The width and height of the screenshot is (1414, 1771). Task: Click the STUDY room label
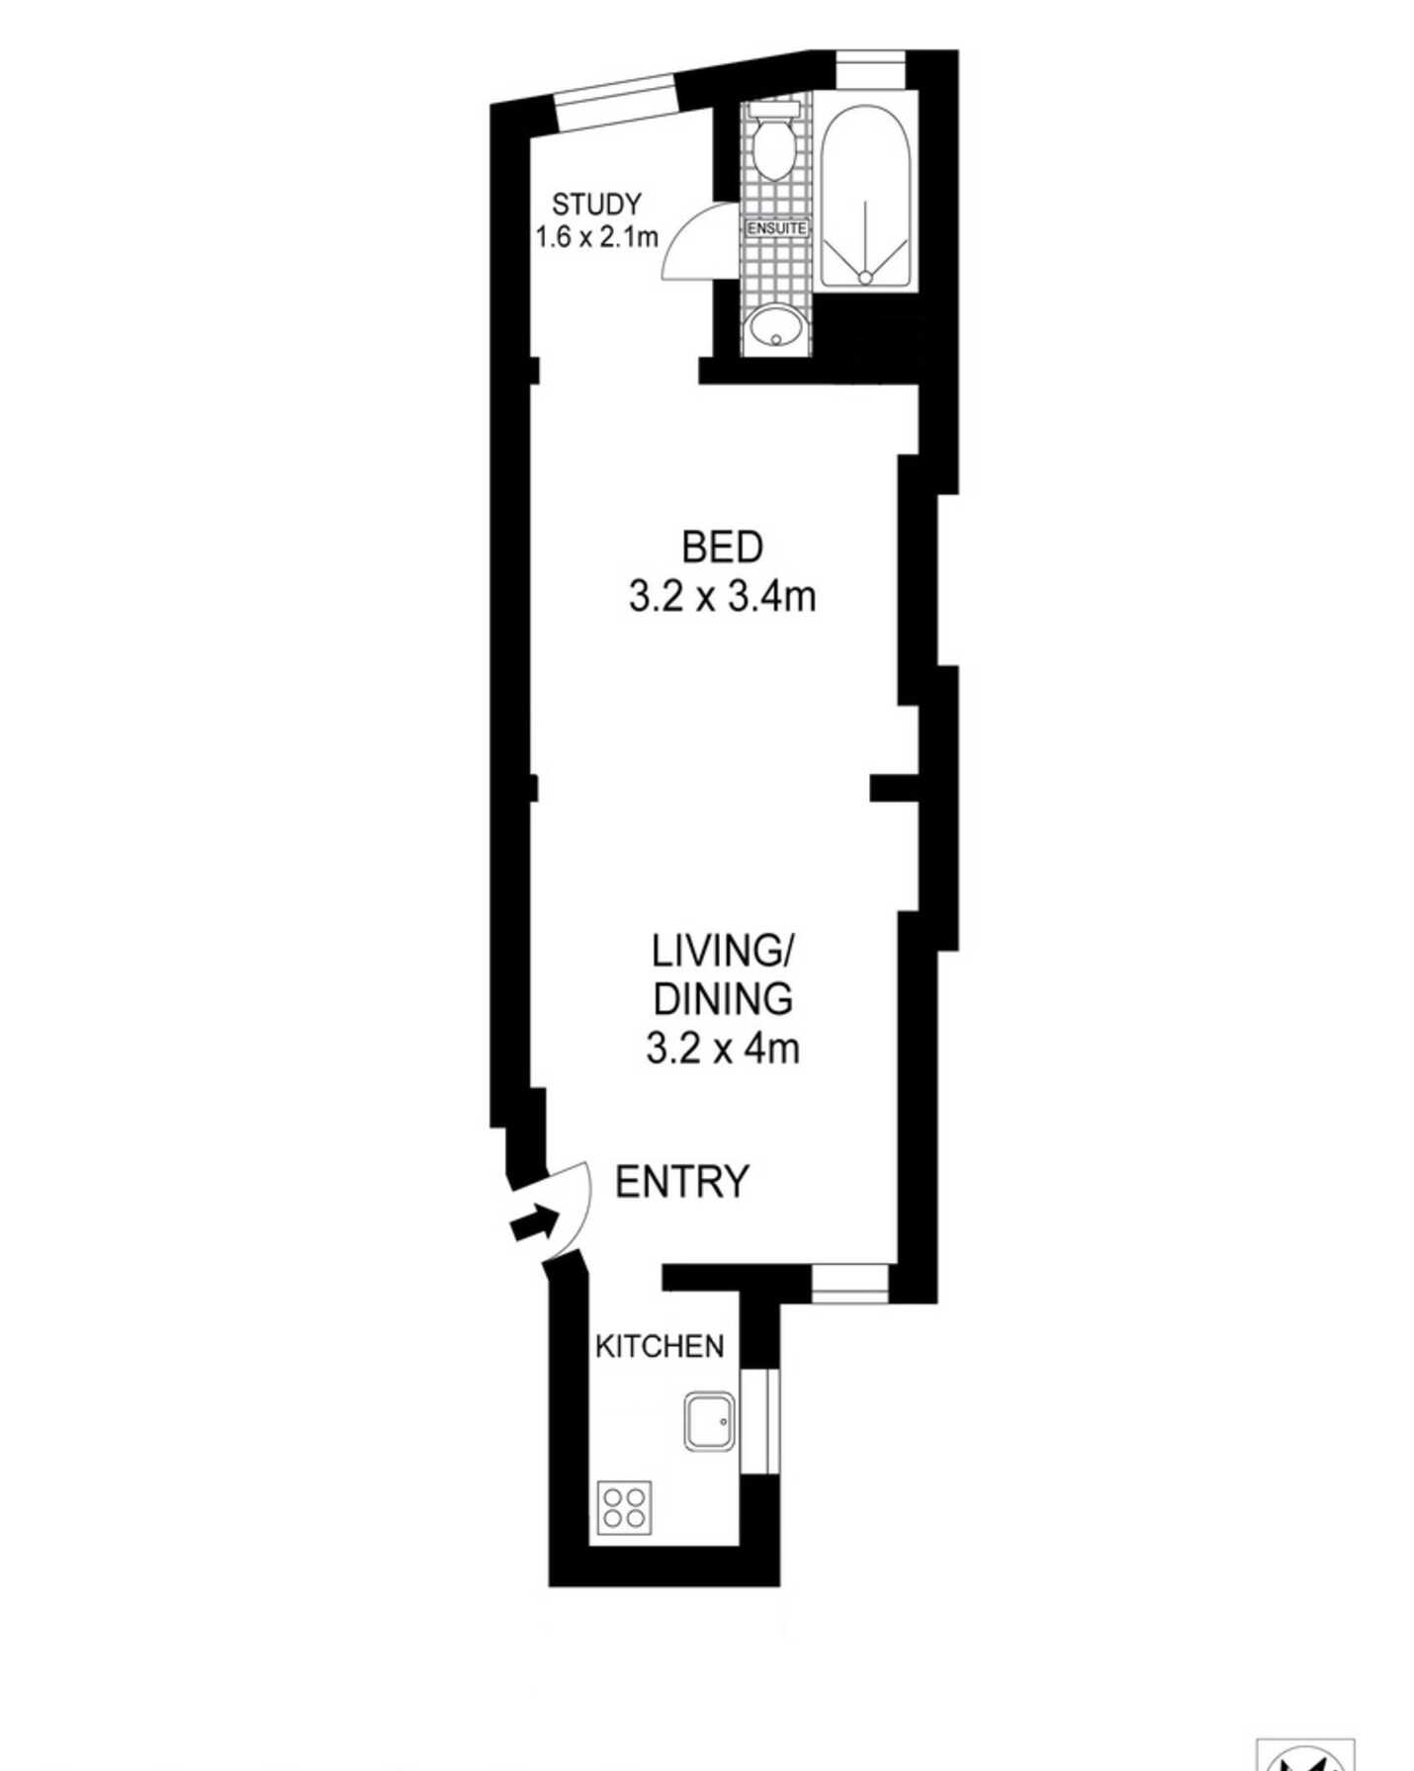pos(596,205)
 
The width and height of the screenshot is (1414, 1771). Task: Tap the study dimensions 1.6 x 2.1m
pos(596,237)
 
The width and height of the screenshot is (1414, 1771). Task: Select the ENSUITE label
pos(777,228)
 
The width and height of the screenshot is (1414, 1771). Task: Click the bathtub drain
pos(865,278)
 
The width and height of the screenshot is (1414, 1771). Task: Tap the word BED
pos(723,548)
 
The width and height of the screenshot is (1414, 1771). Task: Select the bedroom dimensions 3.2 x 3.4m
pos(723,597)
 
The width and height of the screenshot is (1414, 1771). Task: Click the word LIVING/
pos(723,951)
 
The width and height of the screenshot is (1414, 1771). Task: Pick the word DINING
pos(723,999)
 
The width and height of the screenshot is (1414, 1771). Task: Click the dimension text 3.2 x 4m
pos(723,1048)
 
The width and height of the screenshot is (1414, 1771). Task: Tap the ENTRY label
pos(682,1182)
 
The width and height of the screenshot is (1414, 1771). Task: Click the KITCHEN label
pos(660,1346)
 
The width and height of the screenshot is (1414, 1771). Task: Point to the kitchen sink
pos(709,1422)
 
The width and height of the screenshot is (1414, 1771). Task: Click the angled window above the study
pos(615,102)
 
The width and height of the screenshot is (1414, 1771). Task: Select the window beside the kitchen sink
pos(759,1422)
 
